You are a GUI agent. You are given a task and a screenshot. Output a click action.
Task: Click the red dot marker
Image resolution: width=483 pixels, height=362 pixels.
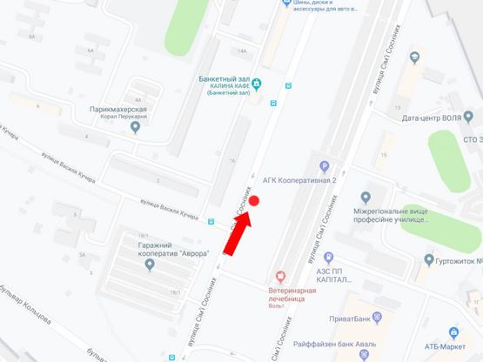tap(255, 202)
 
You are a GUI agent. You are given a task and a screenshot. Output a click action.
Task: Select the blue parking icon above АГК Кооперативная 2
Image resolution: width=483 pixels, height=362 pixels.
tap(324, 168)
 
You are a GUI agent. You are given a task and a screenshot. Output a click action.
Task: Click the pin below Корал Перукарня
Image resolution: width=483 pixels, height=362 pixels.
tap(134, 129)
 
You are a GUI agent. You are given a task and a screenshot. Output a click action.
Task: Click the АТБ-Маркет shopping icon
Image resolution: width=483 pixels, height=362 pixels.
tap(453, 332)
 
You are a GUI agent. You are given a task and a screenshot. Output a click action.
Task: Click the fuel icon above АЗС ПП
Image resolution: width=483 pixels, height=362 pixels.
tap(328, 258)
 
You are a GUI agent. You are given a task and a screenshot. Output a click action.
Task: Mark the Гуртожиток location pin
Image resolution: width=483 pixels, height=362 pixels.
tap(428, 259)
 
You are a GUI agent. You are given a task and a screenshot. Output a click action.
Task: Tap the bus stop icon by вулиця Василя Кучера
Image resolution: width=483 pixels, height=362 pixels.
tap(211, 221)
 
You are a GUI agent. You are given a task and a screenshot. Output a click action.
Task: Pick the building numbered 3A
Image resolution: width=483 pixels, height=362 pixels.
tap(84, 255)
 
